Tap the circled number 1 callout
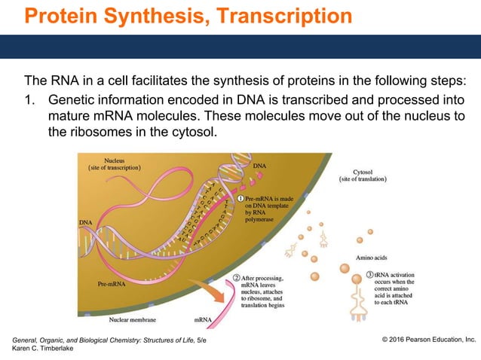(240, 197)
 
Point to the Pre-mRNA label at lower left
(112, 285)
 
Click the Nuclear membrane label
(133, 320)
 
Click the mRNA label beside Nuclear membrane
(203, 320)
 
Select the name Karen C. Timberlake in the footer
(43, 350)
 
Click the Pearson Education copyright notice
(429, 341)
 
